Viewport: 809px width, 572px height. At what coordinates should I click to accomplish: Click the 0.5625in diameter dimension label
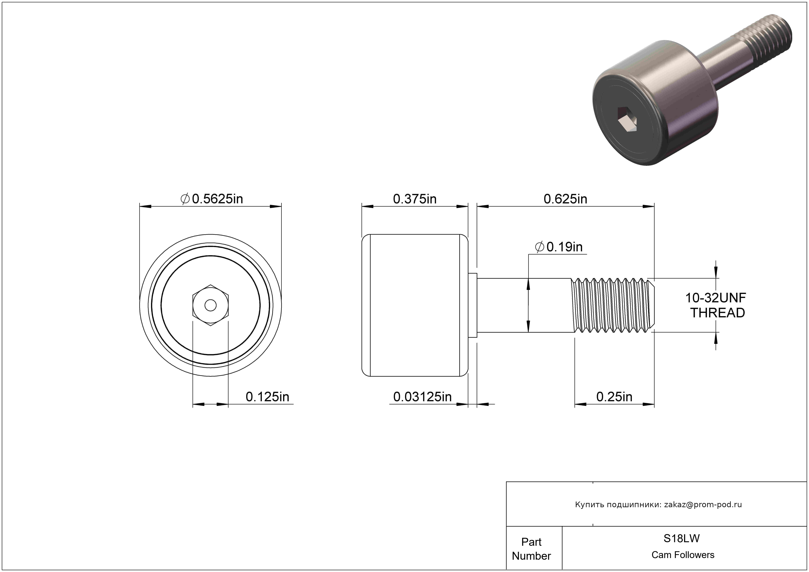[x=212, y=199]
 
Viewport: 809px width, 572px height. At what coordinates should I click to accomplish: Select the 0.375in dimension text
[x=415, y=199]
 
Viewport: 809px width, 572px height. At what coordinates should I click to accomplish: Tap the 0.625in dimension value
[x=565, y=199]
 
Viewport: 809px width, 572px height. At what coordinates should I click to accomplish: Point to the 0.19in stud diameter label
[x=559, y=247]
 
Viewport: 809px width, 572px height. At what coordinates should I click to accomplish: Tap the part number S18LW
[x=681, y=538]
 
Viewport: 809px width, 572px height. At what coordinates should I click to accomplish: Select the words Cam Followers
[x=683, y=555]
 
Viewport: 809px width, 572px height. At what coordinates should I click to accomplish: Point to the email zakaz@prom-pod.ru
[x=703, y=504]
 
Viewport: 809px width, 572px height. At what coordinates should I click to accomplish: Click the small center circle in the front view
[x=210, y=305]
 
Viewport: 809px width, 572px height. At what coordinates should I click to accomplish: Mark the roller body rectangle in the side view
[x=415, y=305]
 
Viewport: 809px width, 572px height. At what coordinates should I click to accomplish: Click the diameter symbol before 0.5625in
[x=185, y=199]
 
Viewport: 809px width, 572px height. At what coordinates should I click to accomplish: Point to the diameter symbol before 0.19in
[x=539, y=247]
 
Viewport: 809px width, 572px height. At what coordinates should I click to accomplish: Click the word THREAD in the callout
[x=717, y=313]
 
